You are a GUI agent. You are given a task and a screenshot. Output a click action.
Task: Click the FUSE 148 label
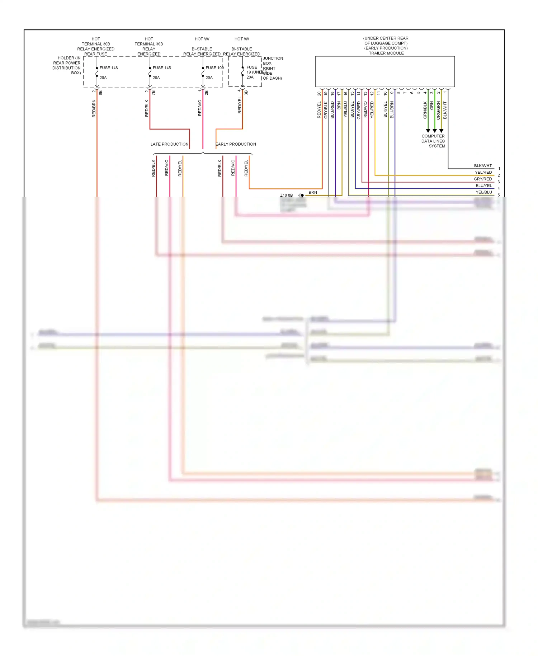pyautogui.click(x=108, y=68)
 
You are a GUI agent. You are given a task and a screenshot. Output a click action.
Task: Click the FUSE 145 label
pyautogui.click(x=161, y=68)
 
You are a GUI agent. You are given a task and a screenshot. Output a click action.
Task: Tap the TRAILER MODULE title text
pyautogui.click(x=386, y=53)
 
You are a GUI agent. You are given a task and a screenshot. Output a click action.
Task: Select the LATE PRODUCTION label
pyautogui.click(x=169, y=144)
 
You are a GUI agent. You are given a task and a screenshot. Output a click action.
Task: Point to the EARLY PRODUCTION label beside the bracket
pyautogui.click(x=236, y=144)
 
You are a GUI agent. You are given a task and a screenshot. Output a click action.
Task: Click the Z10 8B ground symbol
pyautogui.click(x=301, y=195)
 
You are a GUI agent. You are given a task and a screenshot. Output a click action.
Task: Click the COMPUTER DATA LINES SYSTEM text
pyautogui.click(x=433, y=141)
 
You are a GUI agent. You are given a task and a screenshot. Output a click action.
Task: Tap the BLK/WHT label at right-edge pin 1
pyautogui.click(x=483, y=166)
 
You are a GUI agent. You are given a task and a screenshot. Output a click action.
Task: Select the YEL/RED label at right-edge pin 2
pyautogui.click(x=483, y=172)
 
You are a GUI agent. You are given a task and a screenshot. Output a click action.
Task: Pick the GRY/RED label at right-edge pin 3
pyautogui.click(x=483, y=179)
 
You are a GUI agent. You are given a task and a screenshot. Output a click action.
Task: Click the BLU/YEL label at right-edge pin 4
pyautogui.click(x=483, y=186)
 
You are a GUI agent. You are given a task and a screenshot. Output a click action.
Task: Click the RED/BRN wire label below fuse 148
pyautogui.click(x=94, y=108)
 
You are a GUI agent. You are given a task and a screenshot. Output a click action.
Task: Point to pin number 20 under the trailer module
pyautogui.click(x=319, y=93)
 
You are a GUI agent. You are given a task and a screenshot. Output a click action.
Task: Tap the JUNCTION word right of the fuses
pyautogui.click(x=273, y=58)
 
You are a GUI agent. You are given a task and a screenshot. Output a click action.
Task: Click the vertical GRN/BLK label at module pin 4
pyautogui.click(x=425, y=110)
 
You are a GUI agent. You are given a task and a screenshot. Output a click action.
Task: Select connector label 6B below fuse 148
pyautogui.click(x=101, y=93)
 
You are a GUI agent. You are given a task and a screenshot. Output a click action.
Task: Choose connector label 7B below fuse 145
pyautogui.click(x=154, y=93)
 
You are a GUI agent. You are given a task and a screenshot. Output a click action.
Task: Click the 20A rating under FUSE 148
pyautogui.click(x=103, y=78)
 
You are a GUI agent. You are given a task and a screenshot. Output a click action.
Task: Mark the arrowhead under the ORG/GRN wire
pyautogui.click(x=441, y=131)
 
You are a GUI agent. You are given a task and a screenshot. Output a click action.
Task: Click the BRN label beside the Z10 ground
pyautogui.click(x=312, y=192)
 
